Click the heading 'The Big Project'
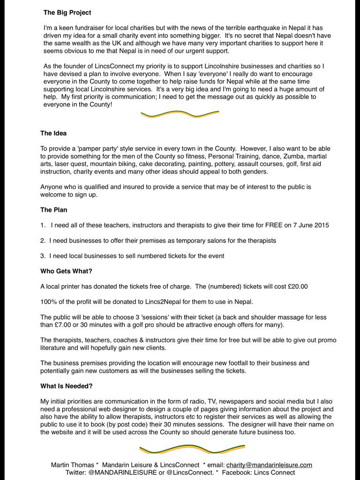[x=67, y=13]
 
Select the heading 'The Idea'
[x=53, y=133]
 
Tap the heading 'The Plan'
[x=54, y=210]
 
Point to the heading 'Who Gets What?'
[x=66, y=271]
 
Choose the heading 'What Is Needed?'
[x=66, y=386]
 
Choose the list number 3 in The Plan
[x=42, y=256]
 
